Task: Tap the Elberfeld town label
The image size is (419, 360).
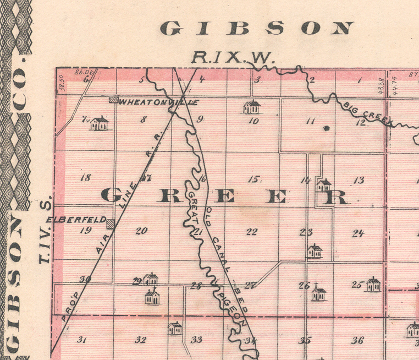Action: click(76, 219)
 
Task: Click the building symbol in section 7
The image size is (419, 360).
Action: click(100, 123)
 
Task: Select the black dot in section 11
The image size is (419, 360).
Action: click(326, 128)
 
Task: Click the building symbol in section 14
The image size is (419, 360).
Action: click(324, 185)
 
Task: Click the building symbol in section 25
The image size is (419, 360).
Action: click(373, 285)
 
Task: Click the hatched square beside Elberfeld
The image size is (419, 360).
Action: click(111, 224)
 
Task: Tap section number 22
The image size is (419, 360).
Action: click(251, 232)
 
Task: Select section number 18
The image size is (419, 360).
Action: click(85, 178)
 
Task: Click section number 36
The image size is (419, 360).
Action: click(358, 340)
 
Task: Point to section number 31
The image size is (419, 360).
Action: click(82, 340)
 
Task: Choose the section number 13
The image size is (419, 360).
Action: click(359, 180)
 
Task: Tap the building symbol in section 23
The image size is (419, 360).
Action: click(315, 252)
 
